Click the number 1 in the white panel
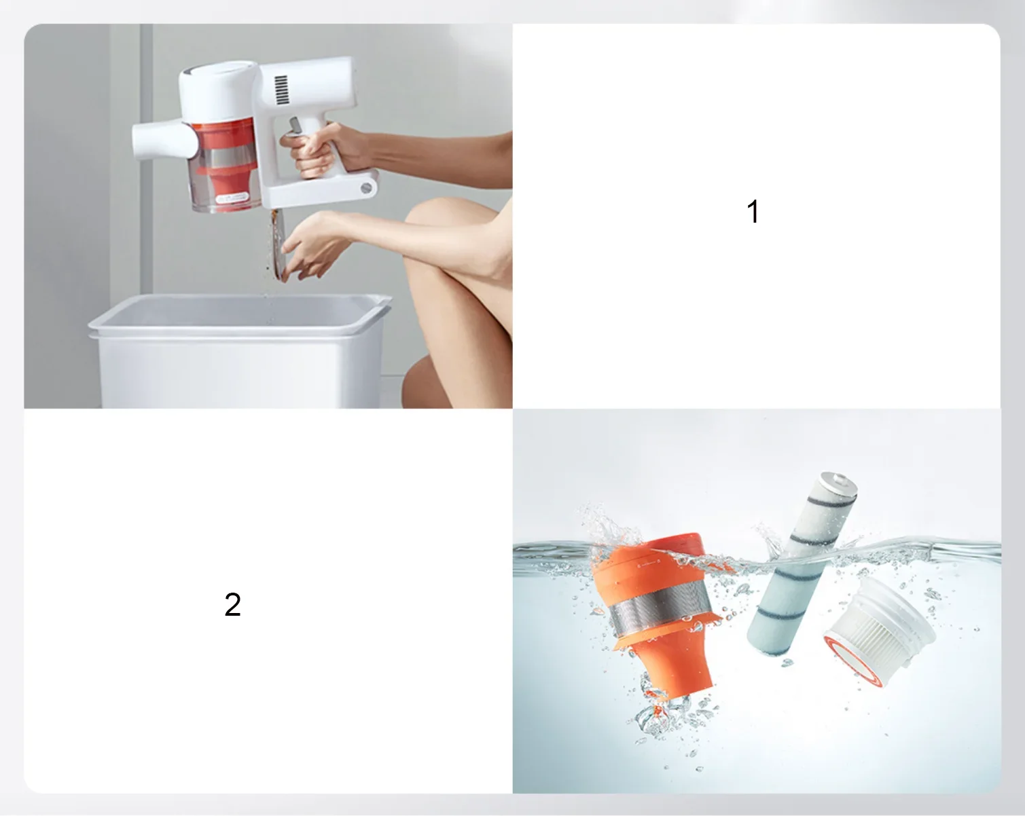point(753,211)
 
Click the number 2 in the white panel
point(232,605)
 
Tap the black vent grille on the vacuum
point(281,90)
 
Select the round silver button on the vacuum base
point(366,187)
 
